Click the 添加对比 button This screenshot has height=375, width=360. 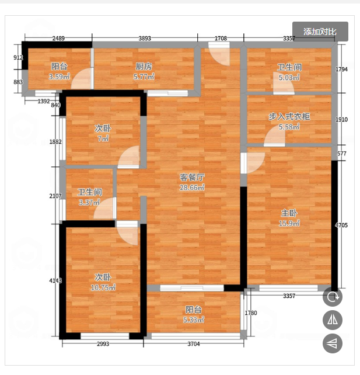pos(320,32)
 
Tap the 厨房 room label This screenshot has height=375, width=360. pos(144,67)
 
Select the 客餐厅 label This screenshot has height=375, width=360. pos(192,177)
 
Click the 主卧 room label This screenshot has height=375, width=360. pos(289,213)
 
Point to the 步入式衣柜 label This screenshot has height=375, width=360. pos(289,116)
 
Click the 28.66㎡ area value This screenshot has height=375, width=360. pos(192,187)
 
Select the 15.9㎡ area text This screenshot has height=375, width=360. pos(289,223)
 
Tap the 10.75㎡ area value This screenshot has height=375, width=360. pos(103,287)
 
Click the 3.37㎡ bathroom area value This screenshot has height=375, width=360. pos(89,203)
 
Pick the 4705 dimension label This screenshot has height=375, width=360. pos(341,225)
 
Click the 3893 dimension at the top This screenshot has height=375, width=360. pos(145,39)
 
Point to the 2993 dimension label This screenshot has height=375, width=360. pos(103,343)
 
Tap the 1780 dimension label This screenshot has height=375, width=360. pos(251,313)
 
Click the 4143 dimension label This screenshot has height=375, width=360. pos(55,280)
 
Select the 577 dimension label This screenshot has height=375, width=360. pos(341,154)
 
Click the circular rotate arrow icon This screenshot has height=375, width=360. pos(333,297)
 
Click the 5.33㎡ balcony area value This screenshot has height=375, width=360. pos(194,320)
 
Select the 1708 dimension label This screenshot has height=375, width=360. pos(221,39)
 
